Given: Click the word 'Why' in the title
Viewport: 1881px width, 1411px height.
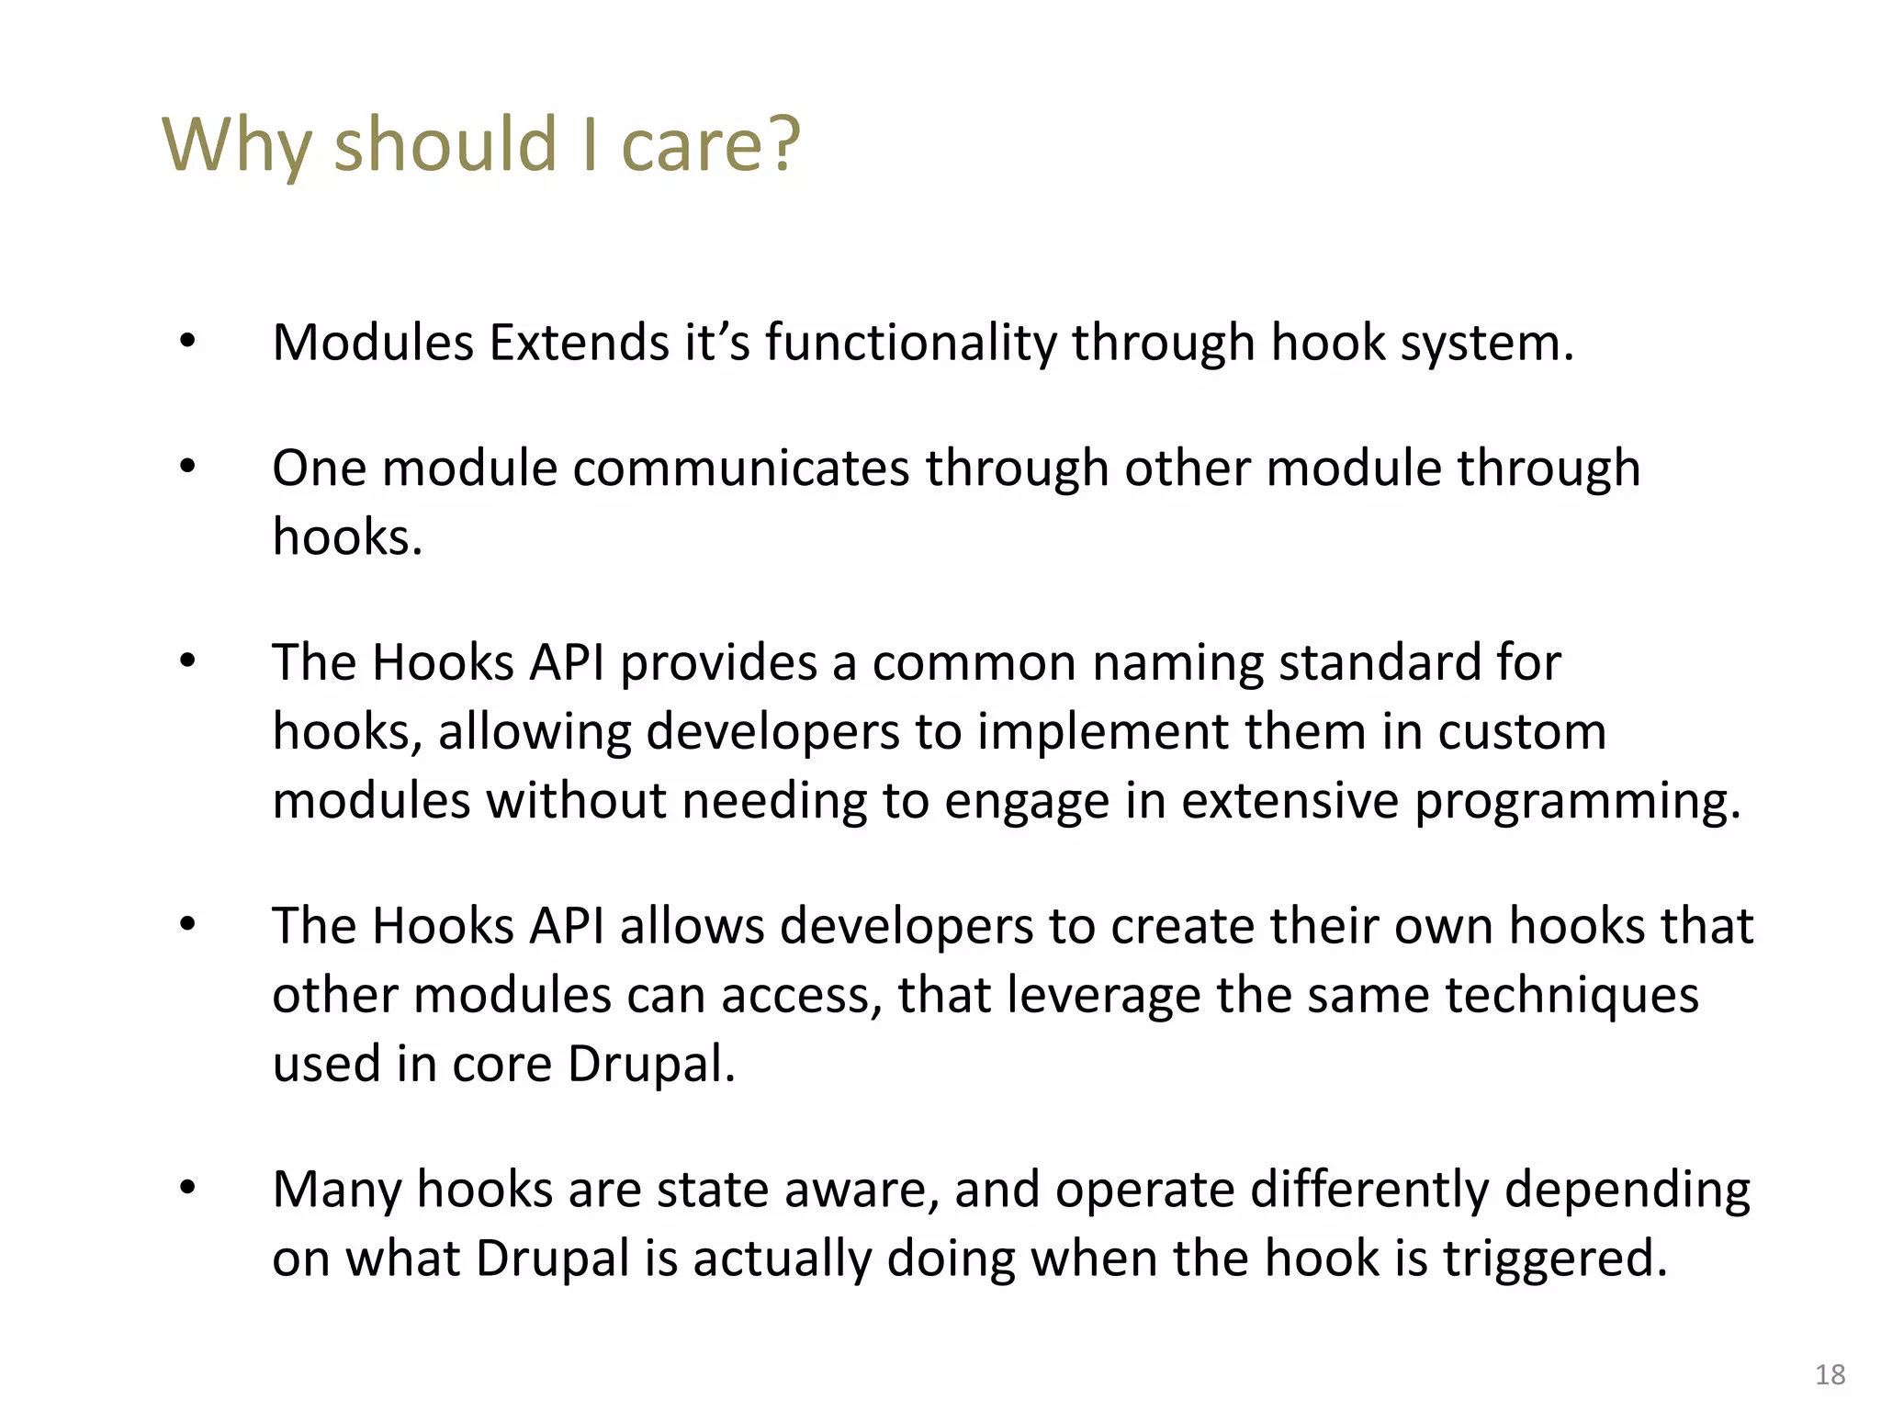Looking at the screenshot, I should click(x=237, y=145).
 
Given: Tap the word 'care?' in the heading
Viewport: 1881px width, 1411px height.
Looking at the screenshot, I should click(x=711, y=145).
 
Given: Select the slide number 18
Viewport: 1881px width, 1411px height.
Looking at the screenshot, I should click(x=1830, y=1374).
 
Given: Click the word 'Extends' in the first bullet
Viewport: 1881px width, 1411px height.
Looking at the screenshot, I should click(x=580, y=343).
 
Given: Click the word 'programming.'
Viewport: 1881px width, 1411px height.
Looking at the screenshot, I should click(x=1577, y=801).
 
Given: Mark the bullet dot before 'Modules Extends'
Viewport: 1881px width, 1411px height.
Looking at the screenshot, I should click(x=187, y=342).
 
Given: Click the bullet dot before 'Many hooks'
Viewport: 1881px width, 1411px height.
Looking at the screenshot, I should click(x=187, y=1189).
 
